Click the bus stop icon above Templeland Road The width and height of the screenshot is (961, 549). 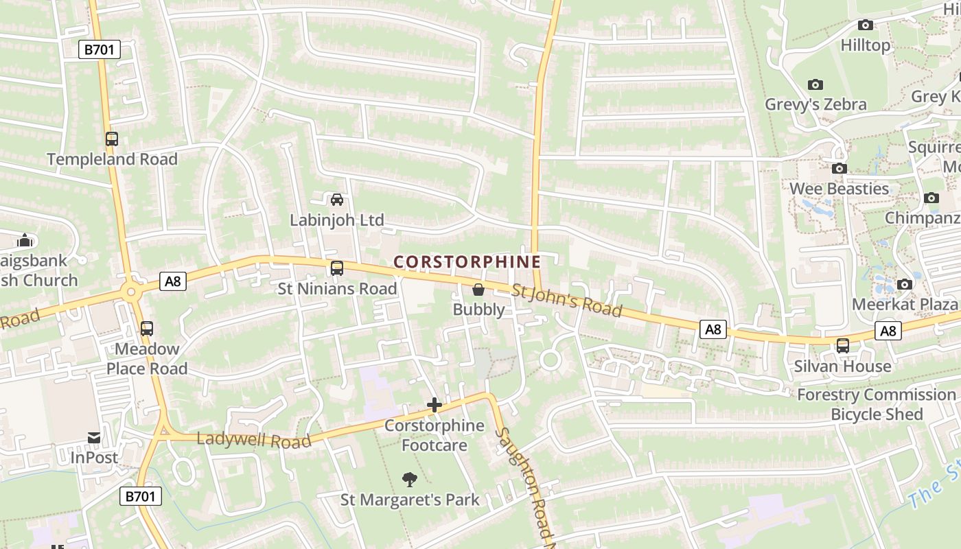click(x=112, y=139)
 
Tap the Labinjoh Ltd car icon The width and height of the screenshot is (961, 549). click(x=337, y=200)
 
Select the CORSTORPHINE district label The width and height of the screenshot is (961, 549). click(x=467, y=261)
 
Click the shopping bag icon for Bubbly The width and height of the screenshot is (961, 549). click(x=478, y=290)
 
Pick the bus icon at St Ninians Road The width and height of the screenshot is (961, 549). click(x=337, y=268)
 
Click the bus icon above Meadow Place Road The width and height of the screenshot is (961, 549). click(x=147, y=328)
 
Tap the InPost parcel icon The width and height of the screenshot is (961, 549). click(x=94, y=437)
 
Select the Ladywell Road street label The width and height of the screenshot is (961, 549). click(x=254, y=440)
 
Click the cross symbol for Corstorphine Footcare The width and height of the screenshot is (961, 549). click(x=434, y=405)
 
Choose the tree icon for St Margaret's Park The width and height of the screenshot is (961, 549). click(x=410, y=479)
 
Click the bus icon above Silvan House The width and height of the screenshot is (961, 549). click(x=843, y=346)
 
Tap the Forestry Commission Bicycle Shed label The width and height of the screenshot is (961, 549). click(x=877, y=404)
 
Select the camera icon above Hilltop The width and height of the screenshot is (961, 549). click(x=866, y=25)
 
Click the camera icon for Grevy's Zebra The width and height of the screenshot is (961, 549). click(x=815, y=84)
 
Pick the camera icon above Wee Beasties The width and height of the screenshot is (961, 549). click(x=839, y=168)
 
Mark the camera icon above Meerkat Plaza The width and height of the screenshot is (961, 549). click(x=905, y=284)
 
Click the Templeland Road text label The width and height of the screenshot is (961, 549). click(x=112, y=159)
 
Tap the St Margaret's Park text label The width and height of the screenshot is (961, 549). click(x=410, y=499)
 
